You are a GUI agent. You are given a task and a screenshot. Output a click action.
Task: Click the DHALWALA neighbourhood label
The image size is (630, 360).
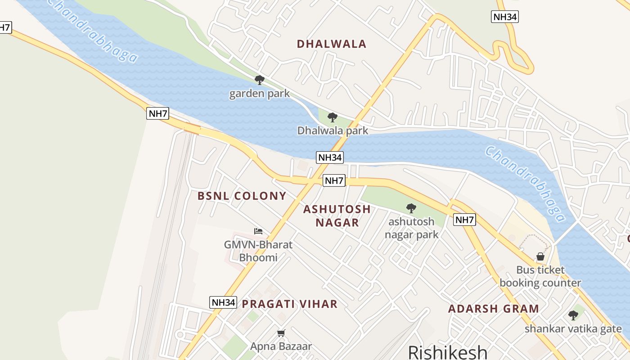332,44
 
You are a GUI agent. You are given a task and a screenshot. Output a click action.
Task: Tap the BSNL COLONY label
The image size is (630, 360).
242,196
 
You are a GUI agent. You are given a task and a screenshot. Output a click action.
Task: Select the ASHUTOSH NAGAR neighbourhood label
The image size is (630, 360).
337,216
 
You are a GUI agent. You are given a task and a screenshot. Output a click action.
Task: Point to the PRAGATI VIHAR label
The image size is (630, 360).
289,304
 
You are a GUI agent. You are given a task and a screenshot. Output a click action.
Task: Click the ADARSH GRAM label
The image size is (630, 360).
493,309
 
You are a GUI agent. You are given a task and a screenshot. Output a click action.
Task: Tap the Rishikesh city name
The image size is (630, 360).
447,352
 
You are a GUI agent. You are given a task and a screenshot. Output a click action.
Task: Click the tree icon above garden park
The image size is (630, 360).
259,80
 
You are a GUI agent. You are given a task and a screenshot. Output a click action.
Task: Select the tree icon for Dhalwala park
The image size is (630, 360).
333,117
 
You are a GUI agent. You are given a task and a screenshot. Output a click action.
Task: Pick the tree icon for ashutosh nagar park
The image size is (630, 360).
411,208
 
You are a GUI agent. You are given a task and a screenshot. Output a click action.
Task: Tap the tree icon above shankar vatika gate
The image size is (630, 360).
573,315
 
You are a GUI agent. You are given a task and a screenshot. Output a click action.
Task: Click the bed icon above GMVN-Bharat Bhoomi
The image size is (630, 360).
258,231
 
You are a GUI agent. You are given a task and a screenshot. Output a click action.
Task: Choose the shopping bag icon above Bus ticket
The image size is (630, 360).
540,256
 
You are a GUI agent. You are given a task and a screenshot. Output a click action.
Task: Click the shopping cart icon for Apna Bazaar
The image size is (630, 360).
281,333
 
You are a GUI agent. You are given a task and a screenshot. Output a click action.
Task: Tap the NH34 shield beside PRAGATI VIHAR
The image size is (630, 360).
223,302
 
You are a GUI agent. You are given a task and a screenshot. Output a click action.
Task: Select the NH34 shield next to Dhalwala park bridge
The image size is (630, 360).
330,157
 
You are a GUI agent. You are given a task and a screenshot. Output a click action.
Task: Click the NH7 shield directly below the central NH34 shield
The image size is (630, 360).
334,181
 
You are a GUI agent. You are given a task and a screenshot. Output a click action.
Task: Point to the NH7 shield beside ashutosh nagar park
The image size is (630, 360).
464,220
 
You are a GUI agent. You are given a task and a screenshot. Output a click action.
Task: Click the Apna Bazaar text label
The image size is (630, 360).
281,346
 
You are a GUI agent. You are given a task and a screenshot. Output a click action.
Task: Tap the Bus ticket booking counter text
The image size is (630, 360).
540,276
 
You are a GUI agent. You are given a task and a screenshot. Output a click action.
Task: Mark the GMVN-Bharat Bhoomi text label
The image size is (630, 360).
258,251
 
